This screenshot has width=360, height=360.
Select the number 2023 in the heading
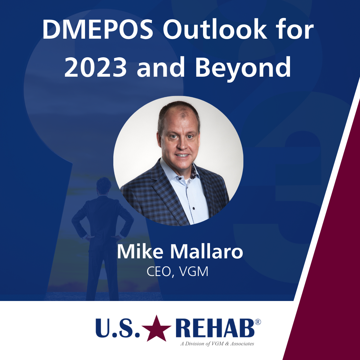[x=95, y=67]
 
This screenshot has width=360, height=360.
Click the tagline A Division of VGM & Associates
[x=217, y=344]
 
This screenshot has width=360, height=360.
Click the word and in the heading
[x=161, y=67]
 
